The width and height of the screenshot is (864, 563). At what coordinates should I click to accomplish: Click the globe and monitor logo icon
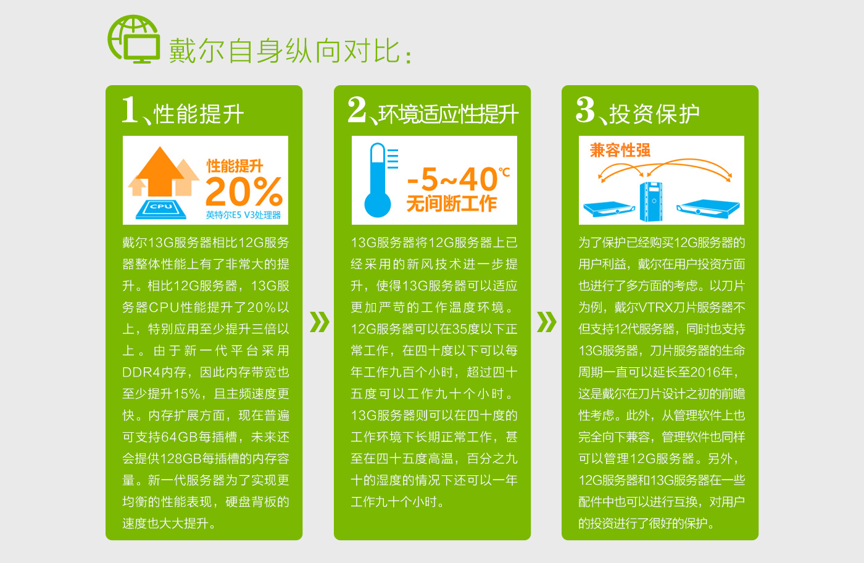pyautogui.click(x=133, y=39)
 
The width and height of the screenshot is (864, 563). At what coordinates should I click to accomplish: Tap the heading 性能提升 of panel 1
pyautogui.click(x=199, y=114)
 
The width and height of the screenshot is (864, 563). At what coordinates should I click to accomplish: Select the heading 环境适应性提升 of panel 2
pyautogui.click(x=449, y=114)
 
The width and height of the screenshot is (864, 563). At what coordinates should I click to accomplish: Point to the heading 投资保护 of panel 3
pyautogui.click(x=655, y=114)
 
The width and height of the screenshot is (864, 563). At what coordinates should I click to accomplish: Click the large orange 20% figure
pyautogui.click(x=244, y=191)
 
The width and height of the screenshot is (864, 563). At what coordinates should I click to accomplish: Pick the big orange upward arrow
pyautogui.click(x=160, y=172)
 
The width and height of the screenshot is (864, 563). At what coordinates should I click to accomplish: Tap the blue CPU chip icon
pyautogui.click(x=161, y=209)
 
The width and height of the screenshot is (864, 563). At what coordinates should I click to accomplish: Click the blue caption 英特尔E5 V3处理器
pyautogui.click(x=243, y=215)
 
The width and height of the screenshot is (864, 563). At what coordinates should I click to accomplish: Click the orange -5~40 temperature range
pyautogui.click(x=452, y=180)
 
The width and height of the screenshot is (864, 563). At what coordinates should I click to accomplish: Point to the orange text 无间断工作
pyautogui.click(x=452, y=203)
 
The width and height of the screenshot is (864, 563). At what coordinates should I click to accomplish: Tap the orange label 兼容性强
pyautogui.click(x=620, y=150)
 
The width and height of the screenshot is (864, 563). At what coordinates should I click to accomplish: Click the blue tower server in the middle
pyautogui.click(x=651, y=201)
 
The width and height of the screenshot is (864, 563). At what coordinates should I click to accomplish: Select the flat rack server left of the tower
pyautogui.click(x=609, y=209)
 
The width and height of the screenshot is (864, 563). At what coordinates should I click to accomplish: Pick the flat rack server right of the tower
pyautogui.click(x=708, y=209)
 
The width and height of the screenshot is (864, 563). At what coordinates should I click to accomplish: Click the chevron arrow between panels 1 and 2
pyautogui.click(x=320, y=322)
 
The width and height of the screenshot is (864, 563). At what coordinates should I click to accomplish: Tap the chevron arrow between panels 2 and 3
pyautogui.click(x=547, y=322)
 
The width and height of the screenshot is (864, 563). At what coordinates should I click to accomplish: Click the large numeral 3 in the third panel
pyautogui.click(x=585, y=110)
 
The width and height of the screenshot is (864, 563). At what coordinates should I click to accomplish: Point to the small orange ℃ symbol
pyautogui.click(x=505, y=172)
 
